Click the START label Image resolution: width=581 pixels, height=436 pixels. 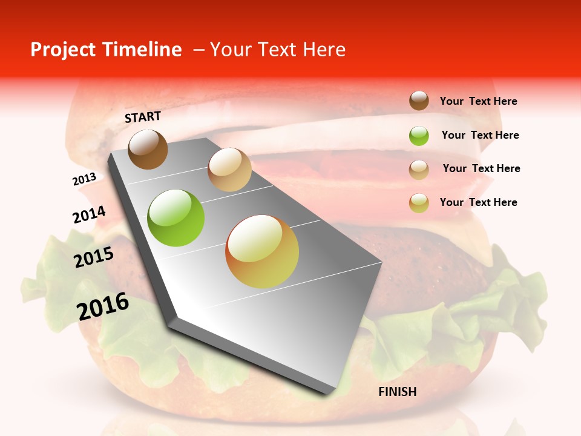click(x=143, y=117)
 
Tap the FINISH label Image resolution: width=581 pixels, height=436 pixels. click(x=397, y=392)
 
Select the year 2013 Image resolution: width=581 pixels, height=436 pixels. click(x=84, y=179)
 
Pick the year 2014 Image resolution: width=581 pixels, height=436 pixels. click(x=89, y=215)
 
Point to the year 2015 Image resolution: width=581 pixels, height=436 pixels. click(x=94, y=257)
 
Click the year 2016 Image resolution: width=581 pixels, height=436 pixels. click(x=103, y=306)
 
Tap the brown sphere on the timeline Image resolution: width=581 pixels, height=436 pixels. click(x=148, y=149)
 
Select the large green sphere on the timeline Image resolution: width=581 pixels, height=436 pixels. click(x=176, y=218)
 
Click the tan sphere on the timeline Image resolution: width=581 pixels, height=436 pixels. click(x=229, y=170)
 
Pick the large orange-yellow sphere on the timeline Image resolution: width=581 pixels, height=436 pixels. click(x=262, y=251)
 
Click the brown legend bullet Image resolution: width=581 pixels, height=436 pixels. click(x=419, y=101)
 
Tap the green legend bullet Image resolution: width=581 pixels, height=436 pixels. click(x=419, y=136)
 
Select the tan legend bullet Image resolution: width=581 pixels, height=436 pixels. click(x=419, y=170)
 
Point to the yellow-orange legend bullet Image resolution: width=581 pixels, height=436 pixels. click(x=419, y=203)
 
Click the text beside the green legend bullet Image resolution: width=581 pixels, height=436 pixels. click(x=480, y=135)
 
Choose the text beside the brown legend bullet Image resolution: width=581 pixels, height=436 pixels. click(x=478, y=101)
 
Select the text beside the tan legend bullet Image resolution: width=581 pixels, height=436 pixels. click(x=481, y=168)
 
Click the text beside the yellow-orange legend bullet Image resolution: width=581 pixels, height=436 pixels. click(x=478, y=202)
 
